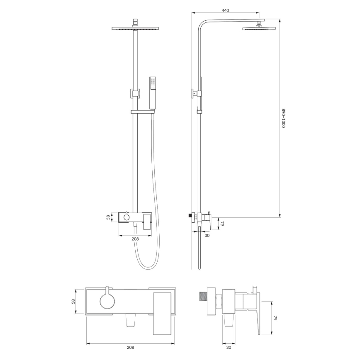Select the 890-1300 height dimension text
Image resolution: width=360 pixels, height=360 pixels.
tap(284, 118)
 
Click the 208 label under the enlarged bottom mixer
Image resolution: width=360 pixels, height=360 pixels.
tap(130, 348)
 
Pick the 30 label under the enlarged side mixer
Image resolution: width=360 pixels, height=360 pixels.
tap(229, 348)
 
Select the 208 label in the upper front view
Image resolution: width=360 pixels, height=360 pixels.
tap(135, 238)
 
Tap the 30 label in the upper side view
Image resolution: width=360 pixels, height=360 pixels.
tap(207, 235)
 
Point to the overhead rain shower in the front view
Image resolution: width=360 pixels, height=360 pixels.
tap(136, 29)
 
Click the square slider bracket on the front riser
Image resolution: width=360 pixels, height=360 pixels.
tap(135, 94)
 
